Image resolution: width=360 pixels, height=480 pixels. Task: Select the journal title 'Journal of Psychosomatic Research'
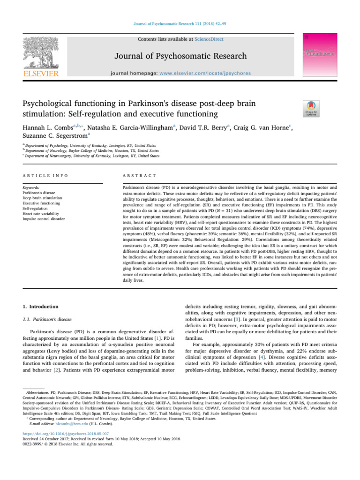[x=180, y=56]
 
